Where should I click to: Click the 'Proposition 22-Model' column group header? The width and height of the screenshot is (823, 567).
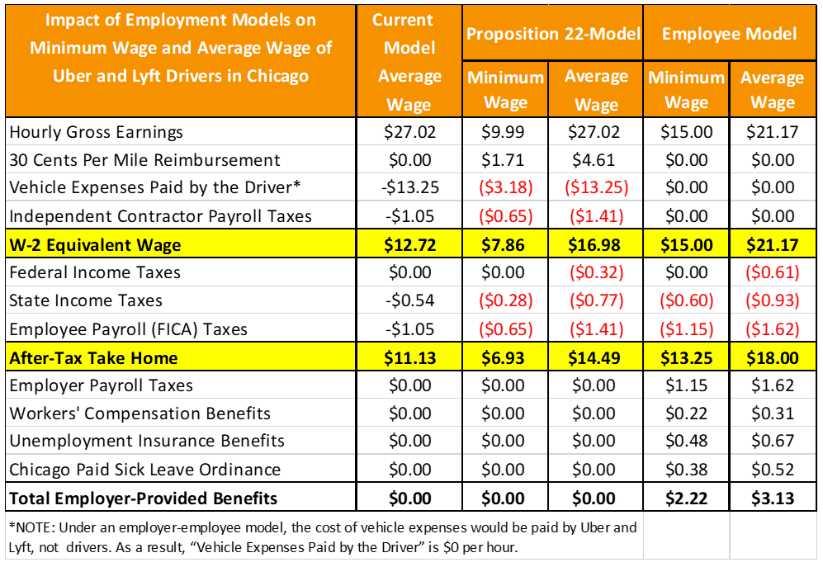click(552, 33)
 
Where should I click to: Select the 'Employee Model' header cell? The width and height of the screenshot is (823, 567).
click(729, 33)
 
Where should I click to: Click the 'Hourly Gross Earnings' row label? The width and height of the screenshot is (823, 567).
click(97, 132)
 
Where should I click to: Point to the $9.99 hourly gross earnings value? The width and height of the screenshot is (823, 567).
click(504, 132)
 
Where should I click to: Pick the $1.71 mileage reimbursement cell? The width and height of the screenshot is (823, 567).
click(504, 160)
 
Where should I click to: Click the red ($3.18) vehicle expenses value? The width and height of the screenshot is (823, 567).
click(504, 188)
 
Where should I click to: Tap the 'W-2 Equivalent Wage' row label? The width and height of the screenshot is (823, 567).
click(95, 244)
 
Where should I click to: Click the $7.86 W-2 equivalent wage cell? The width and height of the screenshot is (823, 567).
click(504, 244)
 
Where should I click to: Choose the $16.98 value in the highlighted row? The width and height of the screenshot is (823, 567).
click(596, 244)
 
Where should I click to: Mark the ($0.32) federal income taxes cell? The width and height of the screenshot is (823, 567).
click(596, 272)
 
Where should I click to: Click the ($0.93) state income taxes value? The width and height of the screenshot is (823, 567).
click(773, 300)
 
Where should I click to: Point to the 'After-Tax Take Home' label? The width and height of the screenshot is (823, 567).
click(94, 358)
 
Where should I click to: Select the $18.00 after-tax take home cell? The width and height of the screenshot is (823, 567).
click(773, 358)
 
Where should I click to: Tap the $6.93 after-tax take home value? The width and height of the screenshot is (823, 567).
click(504, 358)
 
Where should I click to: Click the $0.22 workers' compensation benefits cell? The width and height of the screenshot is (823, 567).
click(686, 413)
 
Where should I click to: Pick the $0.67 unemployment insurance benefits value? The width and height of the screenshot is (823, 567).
click(773, 442)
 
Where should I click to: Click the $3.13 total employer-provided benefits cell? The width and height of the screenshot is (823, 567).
click(773, 498)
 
